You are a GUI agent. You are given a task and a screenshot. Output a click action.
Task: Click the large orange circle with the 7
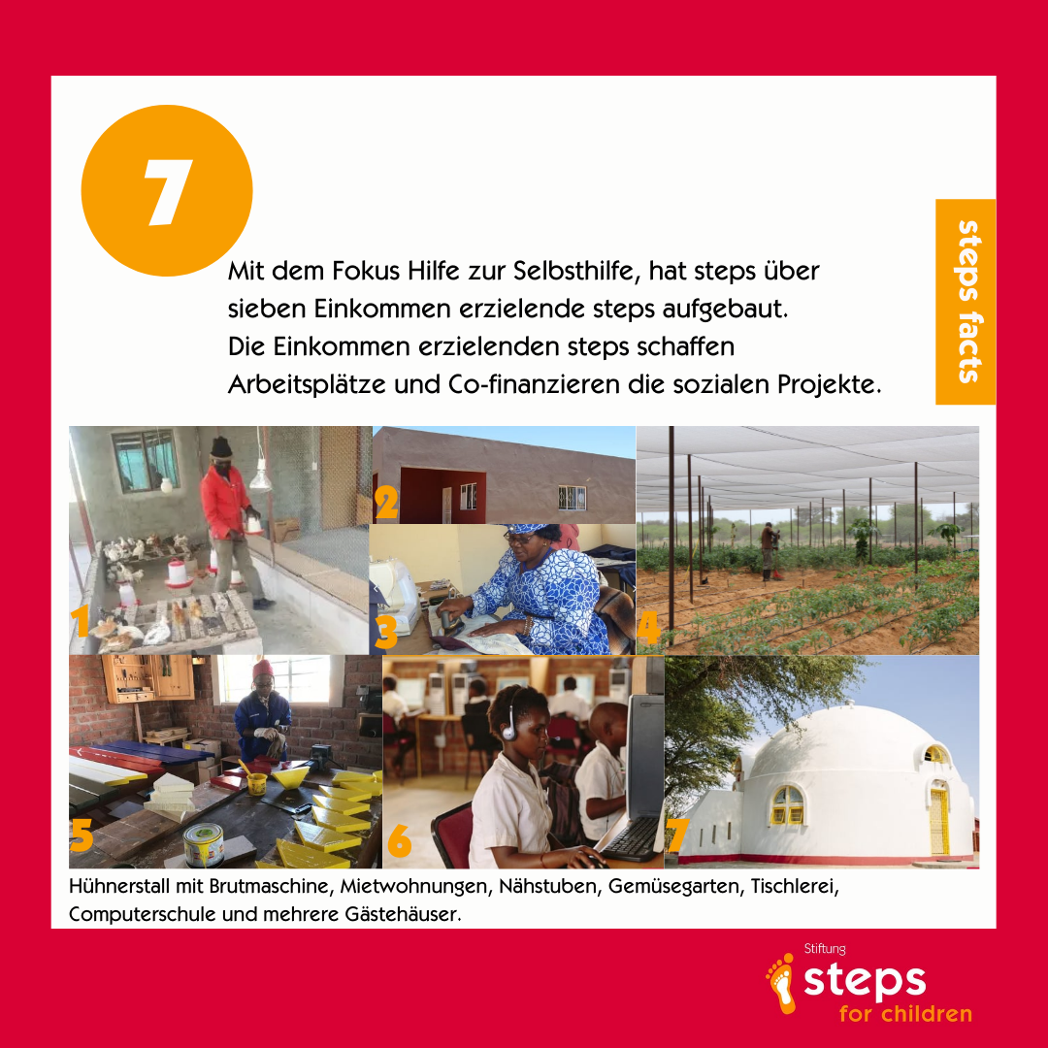[167, 190]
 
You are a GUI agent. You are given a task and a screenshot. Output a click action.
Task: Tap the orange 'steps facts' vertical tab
[966, 302]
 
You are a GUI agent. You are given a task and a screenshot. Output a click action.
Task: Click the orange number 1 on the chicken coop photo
[80, 622]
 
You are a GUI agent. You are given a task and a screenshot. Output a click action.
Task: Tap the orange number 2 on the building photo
[386, 503]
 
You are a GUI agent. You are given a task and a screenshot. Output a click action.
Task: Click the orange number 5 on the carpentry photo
[81, 835]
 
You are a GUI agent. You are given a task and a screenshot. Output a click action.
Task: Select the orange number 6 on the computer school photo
[399, 840]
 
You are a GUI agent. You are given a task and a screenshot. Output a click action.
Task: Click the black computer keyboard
[631, 838]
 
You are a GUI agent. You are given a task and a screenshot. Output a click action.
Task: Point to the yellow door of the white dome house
[939, 821]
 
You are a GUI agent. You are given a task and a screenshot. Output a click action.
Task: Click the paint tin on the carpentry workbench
[203, 845]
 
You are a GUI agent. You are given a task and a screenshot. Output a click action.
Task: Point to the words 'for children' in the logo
[905, 1014]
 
